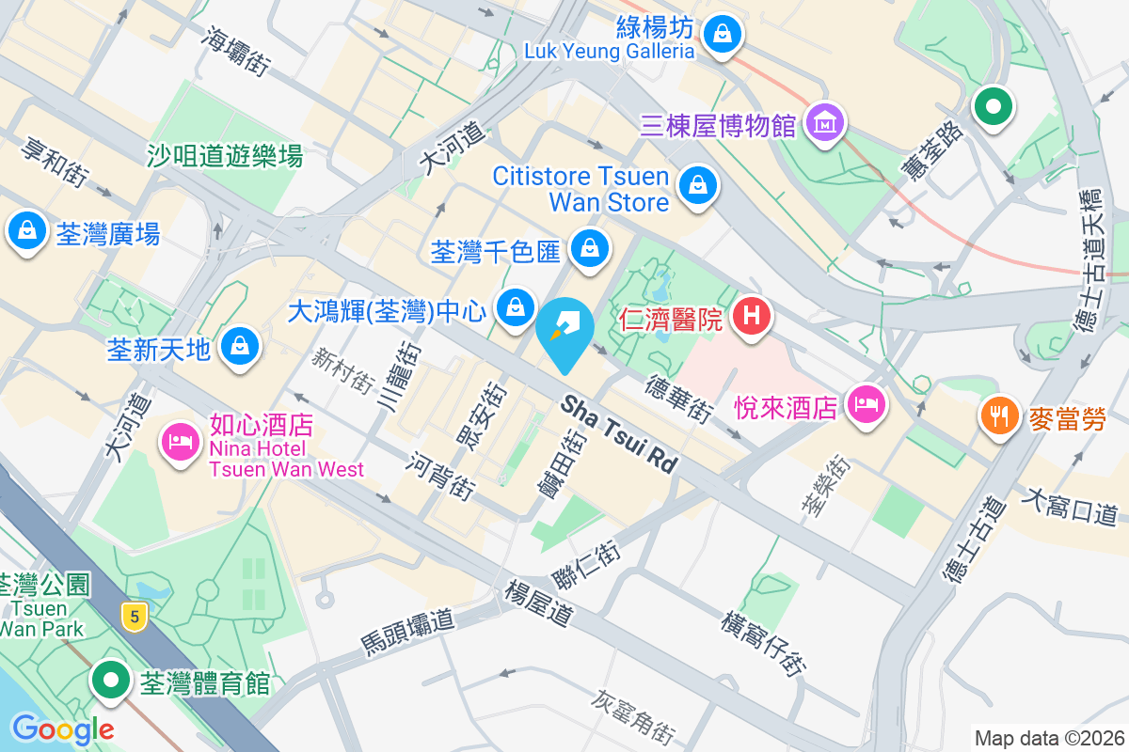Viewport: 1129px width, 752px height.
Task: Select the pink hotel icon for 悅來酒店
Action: pyautogui.click(x=865, y=404)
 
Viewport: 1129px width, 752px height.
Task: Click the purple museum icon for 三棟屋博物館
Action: pyautogui.click(x=825, y=122)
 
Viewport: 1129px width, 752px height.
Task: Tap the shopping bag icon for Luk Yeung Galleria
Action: pyautogui.click(x=722, y=35)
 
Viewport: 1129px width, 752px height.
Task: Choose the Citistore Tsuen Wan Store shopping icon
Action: pyautogui.click(x=697, y=184)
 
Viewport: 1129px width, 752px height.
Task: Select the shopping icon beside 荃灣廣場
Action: pyautogui.click(x=27, y=229)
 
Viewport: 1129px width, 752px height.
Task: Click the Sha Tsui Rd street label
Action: pyautogui.click(x=620, y=433)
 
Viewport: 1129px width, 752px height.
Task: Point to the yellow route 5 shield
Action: pyautogui.click(x=135, y=618)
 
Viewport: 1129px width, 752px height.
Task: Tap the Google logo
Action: pyautogui.click(x=62, y=728)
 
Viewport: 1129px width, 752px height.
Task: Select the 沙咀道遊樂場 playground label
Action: pyautogui.click(x=225, y=155)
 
